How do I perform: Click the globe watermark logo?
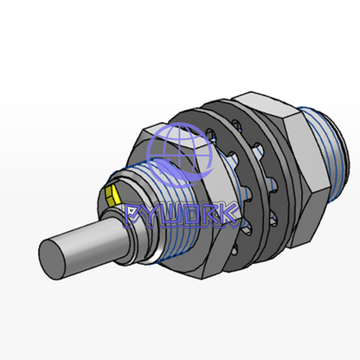click(x=179, y=154)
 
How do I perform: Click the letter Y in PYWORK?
click(x=152, y=215)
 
